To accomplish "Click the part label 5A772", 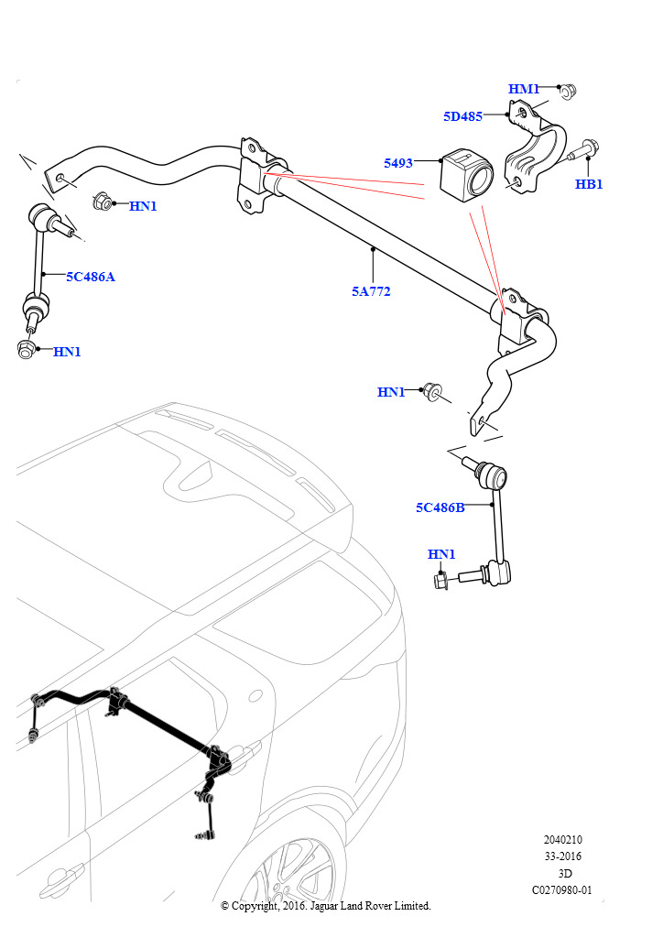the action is [x=371, y=291].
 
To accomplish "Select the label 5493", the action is [x=398, y=163].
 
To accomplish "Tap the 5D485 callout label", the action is [x=462, y=116].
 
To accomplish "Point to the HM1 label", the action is [x=524, y=89].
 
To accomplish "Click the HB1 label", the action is [x=589, y=184].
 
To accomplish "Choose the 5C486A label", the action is [x=91, y=277].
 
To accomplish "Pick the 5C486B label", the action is [x=440, y=507].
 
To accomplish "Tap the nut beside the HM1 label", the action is [x=568, y=92].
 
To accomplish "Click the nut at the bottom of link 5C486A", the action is [x=26, y=349].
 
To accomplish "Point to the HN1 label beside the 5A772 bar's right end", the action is [x=391, y=392].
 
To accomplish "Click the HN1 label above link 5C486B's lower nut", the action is [x=441, y=554].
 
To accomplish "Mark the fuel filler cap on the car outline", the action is [x=255, y=695].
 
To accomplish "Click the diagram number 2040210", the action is [x=562, y=839].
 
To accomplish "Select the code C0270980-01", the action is [x=562, y=889].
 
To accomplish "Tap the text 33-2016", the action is [x=562, y=856].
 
